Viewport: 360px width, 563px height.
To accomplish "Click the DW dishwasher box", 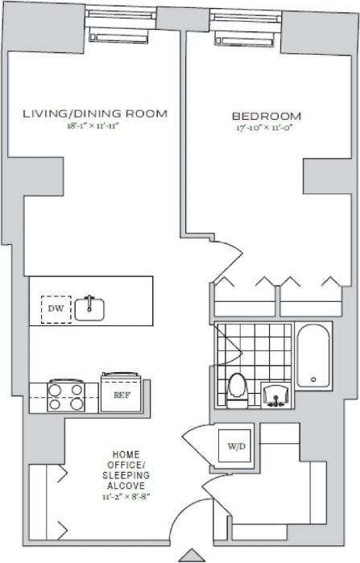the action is tap(56, 309).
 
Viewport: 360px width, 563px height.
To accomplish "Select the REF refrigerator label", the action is tap(122, 395).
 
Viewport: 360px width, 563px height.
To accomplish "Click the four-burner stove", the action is tap(66, 396).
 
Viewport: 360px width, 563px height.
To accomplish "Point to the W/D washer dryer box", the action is tap(235, 446).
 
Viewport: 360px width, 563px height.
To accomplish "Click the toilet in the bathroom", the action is tap(238, 391).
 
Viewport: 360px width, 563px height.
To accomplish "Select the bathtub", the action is tap(313, 355).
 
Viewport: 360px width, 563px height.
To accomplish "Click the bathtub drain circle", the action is tap(313, 379).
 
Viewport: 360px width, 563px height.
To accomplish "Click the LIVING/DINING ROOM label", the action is tap(95, 114).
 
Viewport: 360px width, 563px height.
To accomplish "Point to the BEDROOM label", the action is tap(267, 116).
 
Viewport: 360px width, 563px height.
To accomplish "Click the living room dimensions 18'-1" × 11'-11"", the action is tap(93, 126).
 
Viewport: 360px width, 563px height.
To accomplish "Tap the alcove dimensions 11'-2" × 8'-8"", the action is tap(126, 497).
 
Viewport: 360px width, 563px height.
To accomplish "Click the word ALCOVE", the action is tap(126, 486).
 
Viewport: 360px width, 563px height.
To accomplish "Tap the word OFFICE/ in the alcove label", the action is tap(126, 465).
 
